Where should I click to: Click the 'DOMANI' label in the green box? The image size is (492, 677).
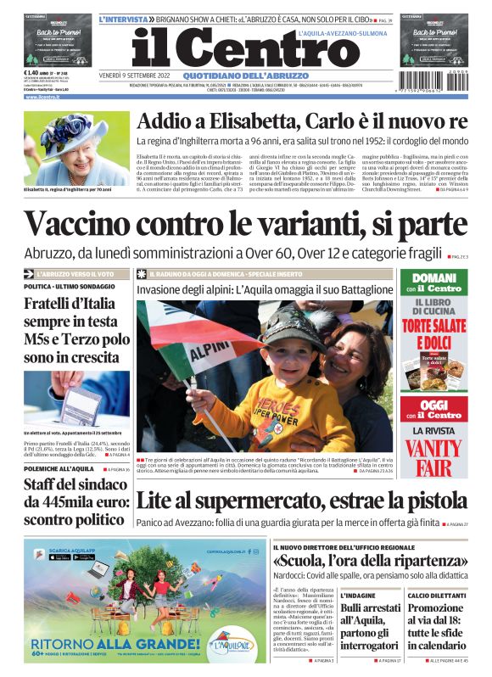tap(433, 277)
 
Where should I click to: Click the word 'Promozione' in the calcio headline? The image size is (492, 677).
tap(435, 608)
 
